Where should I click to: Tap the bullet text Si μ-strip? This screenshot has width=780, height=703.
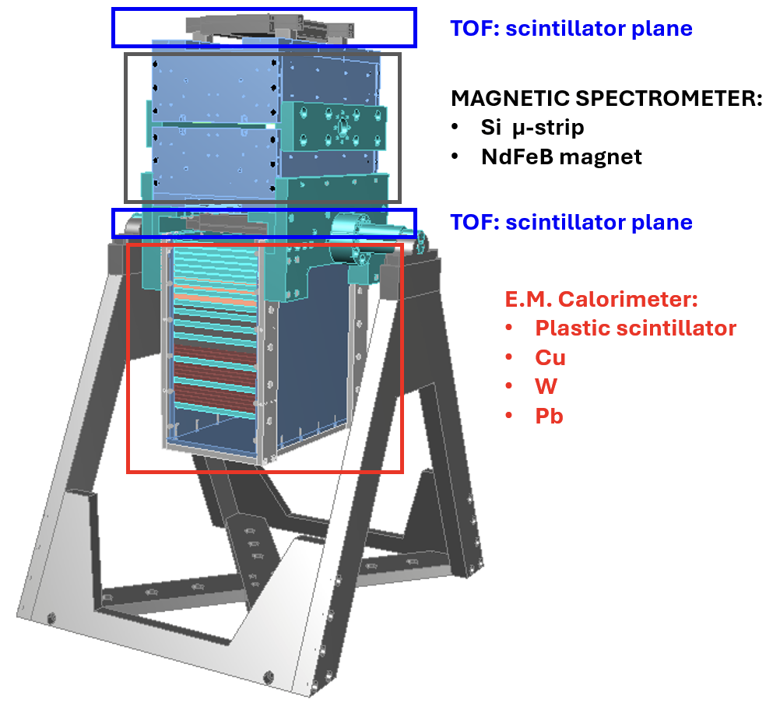pyautogui.click(x=532, y=128)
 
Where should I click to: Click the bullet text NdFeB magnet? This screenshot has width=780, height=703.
pyautogui.click(x=561, y=156)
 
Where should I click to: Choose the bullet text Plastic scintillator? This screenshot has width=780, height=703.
pyautogui.click(x=635, y=328)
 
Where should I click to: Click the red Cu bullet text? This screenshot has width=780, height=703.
pyautogui.click(x=550, y=357)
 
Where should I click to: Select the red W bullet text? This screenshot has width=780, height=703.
pyautogui.click(x=546, y=387)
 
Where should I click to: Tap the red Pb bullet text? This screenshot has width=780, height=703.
pyautogui.click(x=549, y=416)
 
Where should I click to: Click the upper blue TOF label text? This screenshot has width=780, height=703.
pyautogui.click(x=571, y=29)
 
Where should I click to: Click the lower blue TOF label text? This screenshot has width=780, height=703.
pyautogui.click(x=571, y=222)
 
